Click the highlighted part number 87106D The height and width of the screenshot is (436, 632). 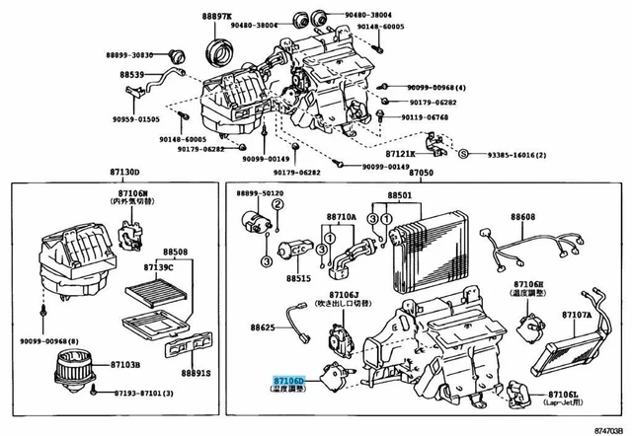(290, 379)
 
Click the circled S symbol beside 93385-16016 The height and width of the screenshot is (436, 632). (461, 153)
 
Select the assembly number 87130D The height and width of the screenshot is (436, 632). (125, 173)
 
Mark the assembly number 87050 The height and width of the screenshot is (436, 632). (422, 173)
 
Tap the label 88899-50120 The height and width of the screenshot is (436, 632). (260, 193)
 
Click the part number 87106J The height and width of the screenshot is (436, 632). (344, 293)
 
